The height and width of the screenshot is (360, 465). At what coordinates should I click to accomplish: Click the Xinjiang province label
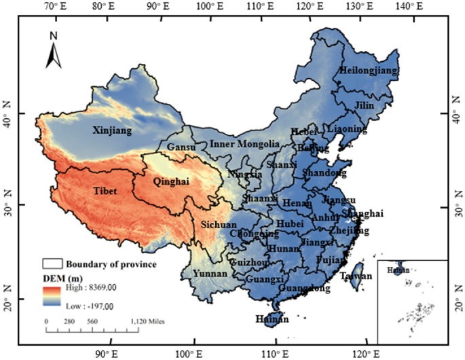113,130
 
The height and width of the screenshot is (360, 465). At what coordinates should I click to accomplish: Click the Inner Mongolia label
244,144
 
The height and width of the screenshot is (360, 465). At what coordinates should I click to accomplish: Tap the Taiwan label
356,277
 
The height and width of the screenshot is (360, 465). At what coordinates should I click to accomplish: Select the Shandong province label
324,173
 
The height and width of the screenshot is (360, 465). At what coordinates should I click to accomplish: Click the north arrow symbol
54,54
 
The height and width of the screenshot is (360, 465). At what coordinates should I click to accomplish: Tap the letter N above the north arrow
54,34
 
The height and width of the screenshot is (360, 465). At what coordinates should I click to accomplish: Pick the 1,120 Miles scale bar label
147,321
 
